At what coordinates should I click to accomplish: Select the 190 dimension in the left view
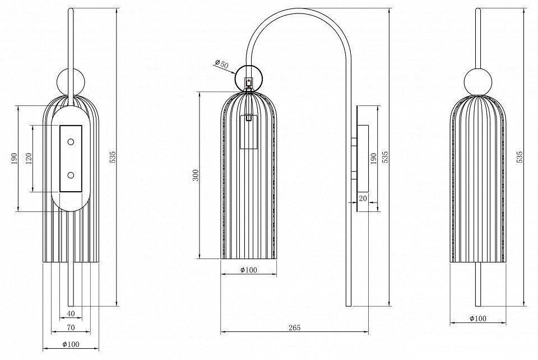pyautogui.click(x=14, y=159)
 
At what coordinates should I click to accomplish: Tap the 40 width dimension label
pyautogui.click(x=71, y=313)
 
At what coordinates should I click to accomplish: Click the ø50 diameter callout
pyautogui.click(x=222, y=65)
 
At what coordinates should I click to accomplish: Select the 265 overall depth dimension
pyautogui.click(x=294, y=327)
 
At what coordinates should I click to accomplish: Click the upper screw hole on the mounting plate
pyautogui.click(x=71, y=142)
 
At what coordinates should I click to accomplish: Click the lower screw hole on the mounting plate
pyautogui.click(x=71, y=176)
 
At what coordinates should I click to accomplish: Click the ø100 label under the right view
pyautogui.click(x=477, y=319)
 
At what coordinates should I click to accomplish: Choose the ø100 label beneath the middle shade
pyautogui.click(x=248, y=270)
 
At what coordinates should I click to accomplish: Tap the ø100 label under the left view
pyautogui.click(x=71, y=345)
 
